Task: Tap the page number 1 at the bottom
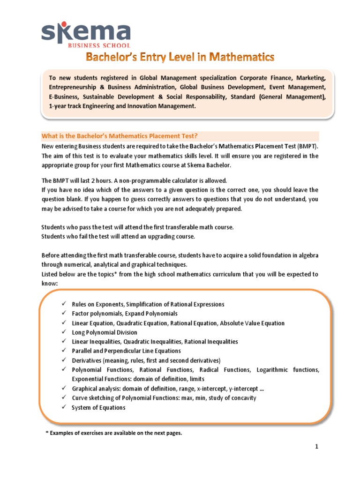317,447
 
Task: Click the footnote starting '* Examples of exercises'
113,433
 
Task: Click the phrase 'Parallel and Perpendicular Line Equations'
126,351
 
